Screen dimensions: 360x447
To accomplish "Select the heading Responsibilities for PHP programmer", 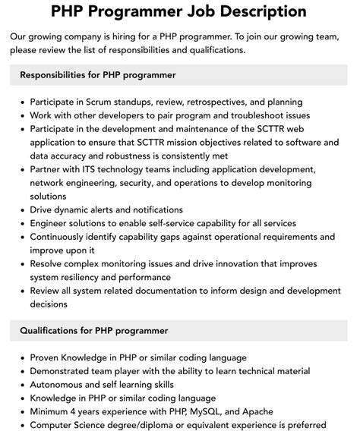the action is (x=98, y=75).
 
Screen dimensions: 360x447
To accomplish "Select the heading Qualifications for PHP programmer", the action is (x=94, y=331).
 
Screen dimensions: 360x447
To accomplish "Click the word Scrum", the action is (x=112, y=102).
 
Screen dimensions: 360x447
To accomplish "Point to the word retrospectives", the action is (x=227, y=102).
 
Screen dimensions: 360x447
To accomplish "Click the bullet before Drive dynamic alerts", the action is (x=22, y=210).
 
